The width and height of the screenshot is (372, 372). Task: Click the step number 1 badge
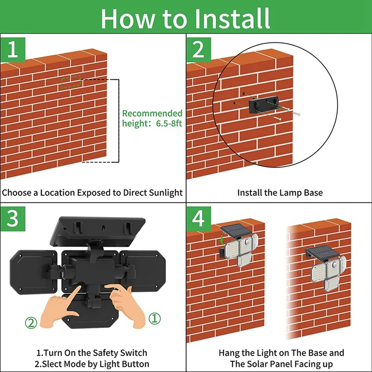[x=13, y=50]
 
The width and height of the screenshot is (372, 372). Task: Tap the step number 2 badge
[x=199, y=50]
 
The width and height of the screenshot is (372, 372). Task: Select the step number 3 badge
[x=13, y=219]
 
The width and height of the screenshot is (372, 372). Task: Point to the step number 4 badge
[x=199, y=219]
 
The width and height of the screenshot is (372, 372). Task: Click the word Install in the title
[x=232, y=18]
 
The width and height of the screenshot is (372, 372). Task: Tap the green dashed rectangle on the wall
[x=71, y=82]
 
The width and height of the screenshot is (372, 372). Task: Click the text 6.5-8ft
[x=169, y=124]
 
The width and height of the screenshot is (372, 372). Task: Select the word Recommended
[x=153, y=113]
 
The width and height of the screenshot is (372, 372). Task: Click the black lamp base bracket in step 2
[x=264, y=105]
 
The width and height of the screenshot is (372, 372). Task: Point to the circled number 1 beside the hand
[x=154, y=319]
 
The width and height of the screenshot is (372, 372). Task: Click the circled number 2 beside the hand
[x=31, y=323]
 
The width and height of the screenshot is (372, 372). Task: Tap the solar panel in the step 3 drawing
[x=98, y=231]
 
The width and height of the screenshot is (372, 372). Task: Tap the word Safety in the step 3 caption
[x=105, y=353]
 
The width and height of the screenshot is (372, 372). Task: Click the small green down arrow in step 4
[x=222, y=239]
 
